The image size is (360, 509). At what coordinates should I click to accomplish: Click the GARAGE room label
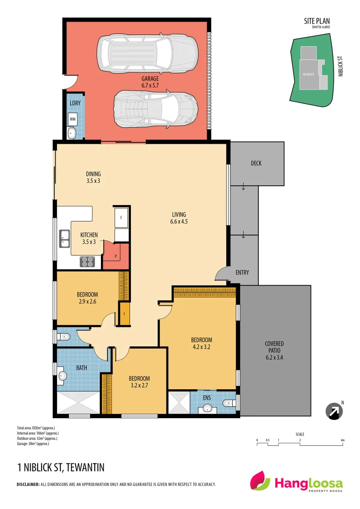150,79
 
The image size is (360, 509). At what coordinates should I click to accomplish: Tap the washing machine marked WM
73,120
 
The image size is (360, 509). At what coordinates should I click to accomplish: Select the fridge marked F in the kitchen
121,217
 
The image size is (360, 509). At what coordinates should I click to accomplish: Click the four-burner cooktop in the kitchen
87,262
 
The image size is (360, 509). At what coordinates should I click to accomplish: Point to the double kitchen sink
65,239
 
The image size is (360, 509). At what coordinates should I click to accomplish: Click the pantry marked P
115,254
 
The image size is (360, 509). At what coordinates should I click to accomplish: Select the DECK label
256,164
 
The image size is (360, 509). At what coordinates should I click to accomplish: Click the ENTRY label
242,272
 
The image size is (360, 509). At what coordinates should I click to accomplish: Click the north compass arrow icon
334,411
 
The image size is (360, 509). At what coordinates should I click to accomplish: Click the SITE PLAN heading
317,22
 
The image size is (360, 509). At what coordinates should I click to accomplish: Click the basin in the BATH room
62,376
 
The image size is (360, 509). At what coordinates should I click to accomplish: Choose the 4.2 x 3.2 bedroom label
201,347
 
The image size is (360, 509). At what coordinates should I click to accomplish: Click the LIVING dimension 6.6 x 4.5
179,222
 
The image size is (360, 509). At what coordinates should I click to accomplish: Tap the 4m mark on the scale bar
343,440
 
